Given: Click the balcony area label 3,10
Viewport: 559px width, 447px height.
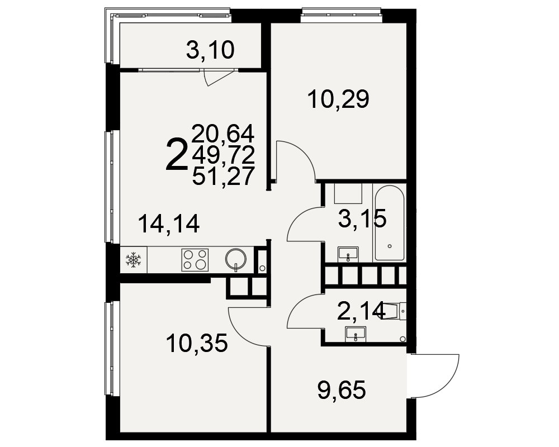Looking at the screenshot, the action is click(210, 50).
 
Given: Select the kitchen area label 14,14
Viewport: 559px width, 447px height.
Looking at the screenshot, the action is click(169, 224).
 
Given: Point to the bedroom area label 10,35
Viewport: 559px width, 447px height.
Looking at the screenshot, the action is click(197, 344).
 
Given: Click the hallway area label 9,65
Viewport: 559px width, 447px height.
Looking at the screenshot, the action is click(342, 391).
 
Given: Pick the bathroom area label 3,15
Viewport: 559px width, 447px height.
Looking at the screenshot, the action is click(362, 218).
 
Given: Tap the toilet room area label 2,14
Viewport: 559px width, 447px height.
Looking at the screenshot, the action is click(362, 311).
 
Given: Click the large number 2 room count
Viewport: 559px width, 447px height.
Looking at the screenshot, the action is click(177, 155).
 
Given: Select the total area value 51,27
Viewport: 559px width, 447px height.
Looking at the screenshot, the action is click(223, 176).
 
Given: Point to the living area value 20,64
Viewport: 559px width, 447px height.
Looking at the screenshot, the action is click(223, 134).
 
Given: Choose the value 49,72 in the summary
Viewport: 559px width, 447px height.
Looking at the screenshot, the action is click(223, 155).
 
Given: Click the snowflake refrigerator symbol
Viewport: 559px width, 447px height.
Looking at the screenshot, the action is click(134, 260).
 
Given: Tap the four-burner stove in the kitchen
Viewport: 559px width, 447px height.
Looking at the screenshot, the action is click(195, 260).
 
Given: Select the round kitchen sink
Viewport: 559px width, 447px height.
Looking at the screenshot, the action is click(236, 259).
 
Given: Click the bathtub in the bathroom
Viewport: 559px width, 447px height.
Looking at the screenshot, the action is click(389, 223).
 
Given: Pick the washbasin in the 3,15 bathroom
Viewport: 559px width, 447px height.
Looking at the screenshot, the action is click(348, 254).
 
